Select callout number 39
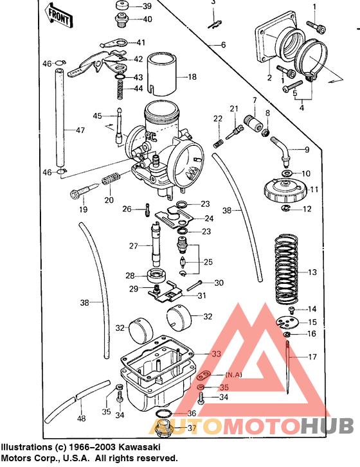coord(147,6)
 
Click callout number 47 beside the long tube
coord(80,130)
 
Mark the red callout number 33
coord(216,353)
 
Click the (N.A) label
coord(233,374)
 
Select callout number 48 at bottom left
coord(81,419)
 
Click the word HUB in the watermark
coord(327,425)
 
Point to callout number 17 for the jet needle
coord(312,357)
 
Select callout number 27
coord(133,245)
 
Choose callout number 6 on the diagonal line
coord(223,45)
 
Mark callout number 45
coord(97,116)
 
